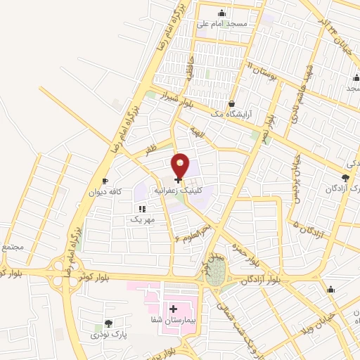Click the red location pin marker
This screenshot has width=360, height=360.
181,166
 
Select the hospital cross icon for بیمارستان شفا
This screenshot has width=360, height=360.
173,309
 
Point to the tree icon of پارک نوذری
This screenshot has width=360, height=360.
108,323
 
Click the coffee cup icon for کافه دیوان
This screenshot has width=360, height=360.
105,181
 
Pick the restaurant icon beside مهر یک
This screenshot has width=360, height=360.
142,208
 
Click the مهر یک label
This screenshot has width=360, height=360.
141,219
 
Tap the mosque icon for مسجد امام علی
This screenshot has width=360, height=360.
222,13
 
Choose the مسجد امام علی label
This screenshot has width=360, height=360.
222,24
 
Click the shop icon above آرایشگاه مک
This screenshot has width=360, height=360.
231,103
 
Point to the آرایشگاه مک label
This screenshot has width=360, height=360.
231,114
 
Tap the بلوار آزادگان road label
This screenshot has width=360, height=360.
259,281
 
